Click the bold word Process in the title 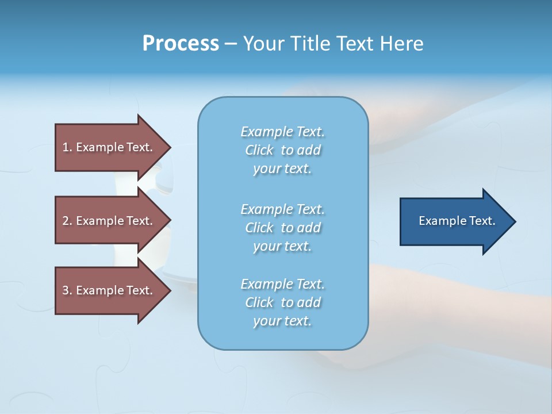pyautogui.click(x=181, y=44)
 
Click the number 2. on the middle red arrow pyautogui.click(x=67, y=221)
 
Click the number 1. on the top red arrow pyautogui.click(x=67, y=147)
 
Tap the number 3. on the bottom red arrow pyautogui.click(x=67, y=290)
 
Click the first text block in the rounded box pyautogui.click(x=282, y=150)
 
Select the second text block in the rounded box pyautogui.click(x=282, y=228)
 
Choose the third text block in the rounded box pyautogui.click(x=282, y=302)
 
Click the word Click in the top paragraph pyautogui.click(x=259, y=150)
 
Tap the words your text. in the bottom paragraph pyautogui.click(x=282, y=321)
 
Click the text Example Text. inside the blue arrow pyautogui.click(x=457, y=221)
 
